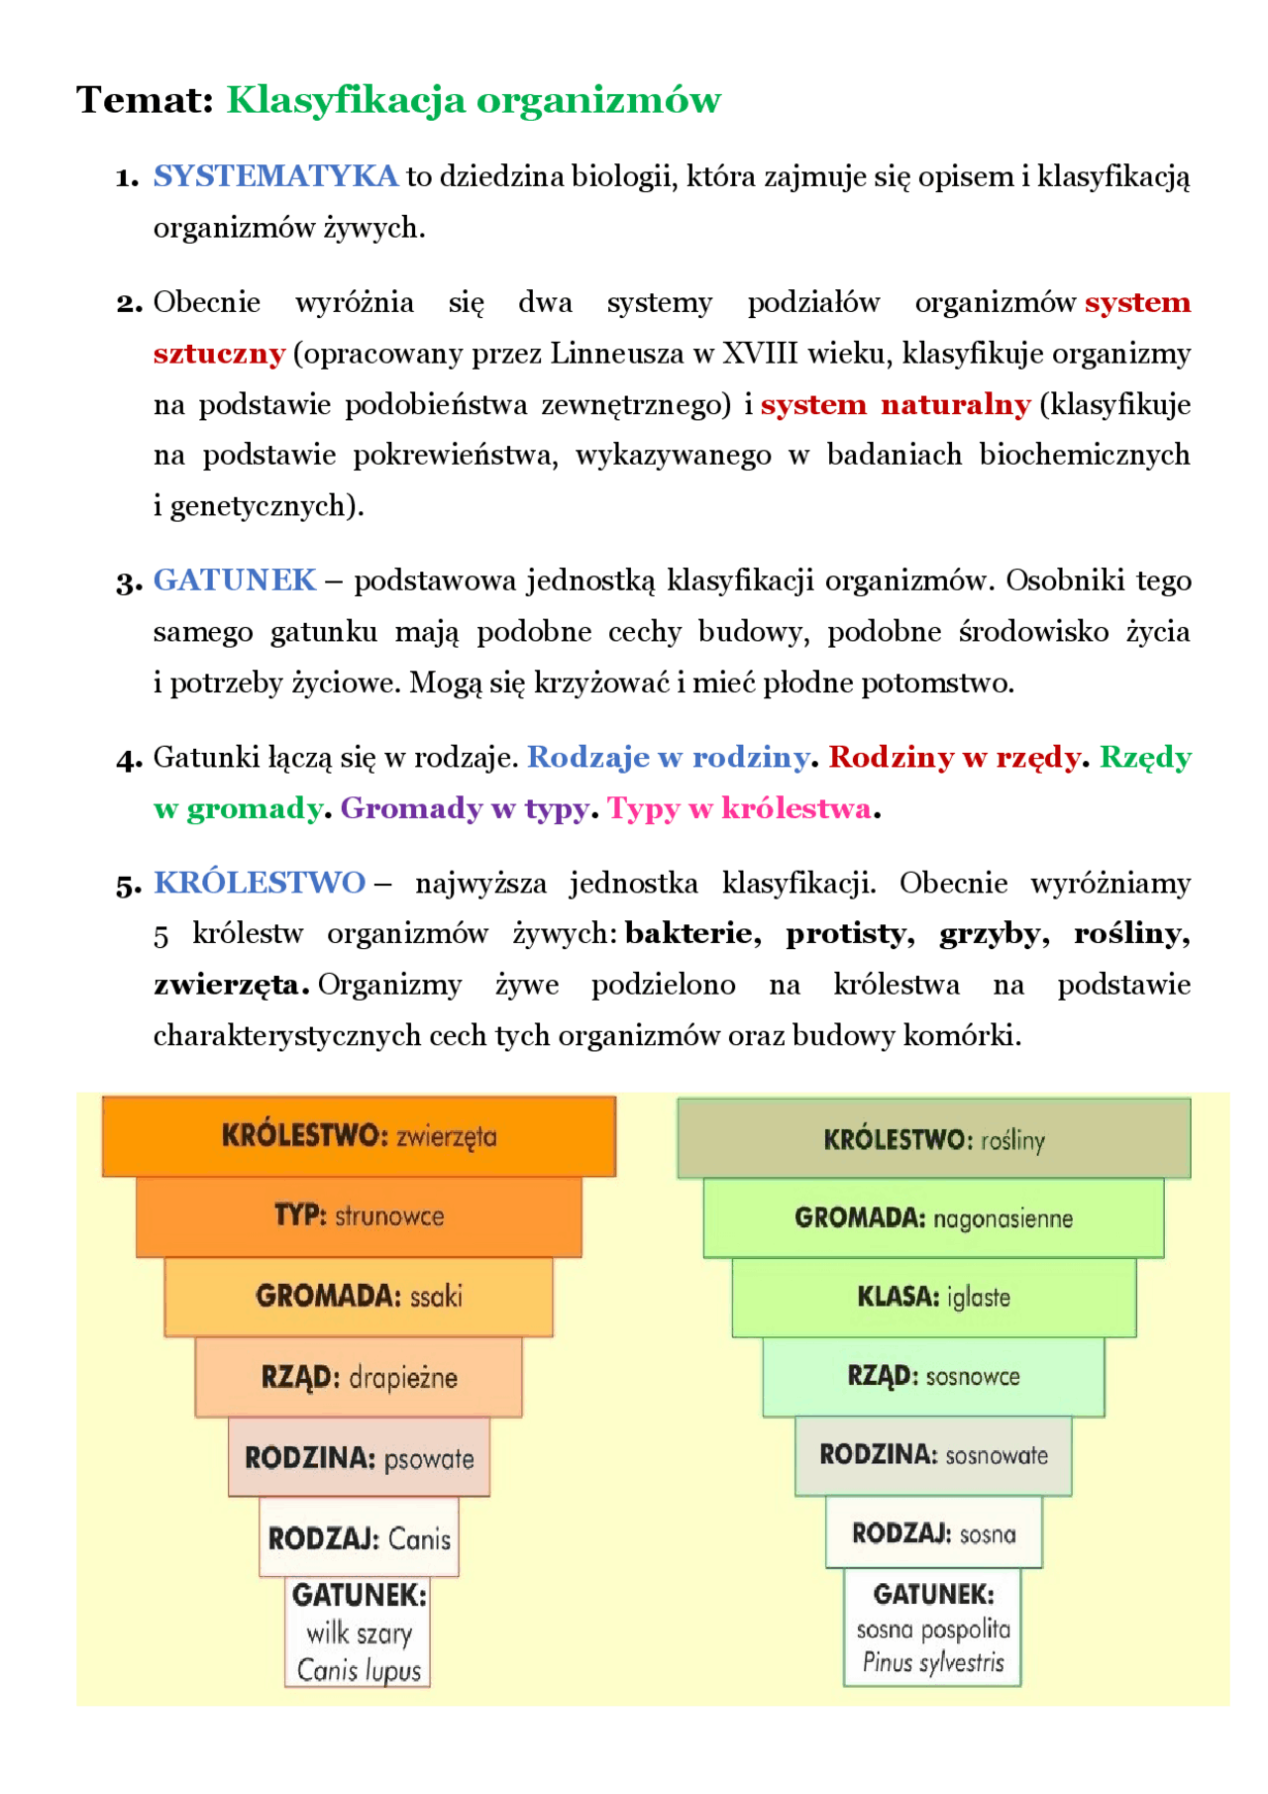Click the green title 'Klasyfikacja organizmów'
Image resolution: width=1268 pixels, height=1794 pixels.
point(474,100)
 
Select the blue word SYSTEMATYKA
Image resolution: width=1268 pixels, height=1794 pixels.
point(275,176)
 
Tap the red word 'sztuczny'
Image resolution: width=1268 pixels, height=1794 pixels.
point(219,354)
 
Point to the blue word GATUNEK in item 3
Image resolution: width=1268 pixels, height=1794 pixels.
point(235,580)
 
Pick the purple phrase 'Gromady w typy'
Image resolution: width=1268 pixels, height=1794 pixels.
point(465,808)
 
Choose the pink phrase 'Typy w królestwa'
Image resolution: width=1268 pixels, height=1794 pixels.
point(739,808)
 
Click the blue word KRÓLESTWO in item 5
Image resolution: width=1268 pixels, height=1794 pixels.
point(260,883)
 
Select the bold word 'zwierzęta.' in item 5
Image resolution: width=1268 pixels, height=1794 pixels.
point(231,985)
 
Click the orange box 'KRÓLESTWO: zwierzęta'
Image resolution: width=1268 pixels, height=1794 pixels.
point(359,1135)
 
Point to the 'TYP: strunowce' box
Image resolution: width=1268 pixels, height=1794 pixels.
point(359,1215)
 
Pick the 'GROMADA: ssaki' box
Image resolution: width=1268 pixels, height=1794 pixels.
point(359,1296)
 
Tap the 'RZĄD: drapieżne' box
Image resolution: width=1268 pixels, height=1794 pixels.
point(359,1377)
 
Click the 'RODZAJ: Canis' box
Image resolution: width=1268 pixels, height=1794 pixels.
point(359,1538)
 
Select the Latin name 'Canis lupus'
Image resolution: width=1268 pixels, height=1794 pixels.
point(359,1671)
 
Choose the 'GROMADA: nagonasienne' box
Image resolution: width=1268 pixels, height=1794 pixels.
point(933,1217)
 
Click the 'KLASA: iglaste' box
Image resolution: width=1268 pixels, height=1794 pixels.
point(933,1297)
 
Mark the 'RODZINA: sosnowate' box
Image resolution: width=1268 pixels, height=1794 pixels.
point(933,1455)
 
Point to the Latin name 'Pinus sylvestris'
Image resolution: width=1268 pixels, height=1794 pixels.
point(933,1662)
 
